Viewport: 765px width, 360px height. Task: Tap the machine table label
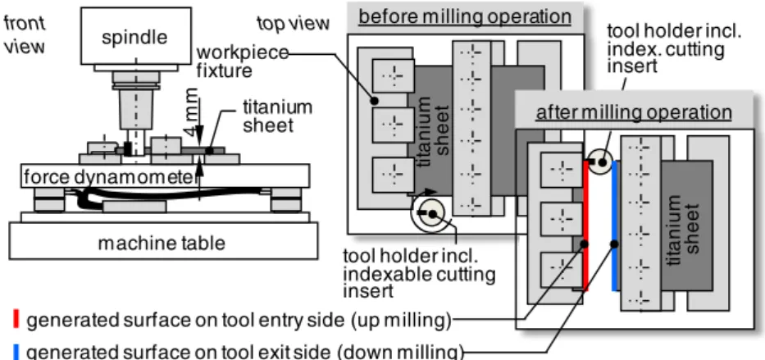click(x=162, y=243)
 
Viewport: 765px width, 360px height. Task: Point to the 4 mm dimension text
click(x=192, y=112)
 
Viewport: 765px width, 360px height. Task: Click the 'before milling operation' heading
click(x=464, y=17)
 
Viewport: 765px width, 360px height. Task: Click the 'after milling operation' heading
click(x=634, y=112)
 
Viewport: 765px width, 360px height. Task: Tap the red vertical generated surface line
click(x=586, y=226)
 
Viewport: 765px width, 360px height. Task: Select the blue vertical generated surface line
click(x=615, y=226)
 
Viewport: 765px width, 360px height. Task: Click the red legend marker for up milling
click(x=16, y=320)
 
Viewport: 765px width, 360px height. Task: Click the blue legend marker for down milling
click(x=16, y=351)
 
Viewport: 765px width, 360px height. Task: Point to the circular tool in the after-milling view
click(x=599, y=162)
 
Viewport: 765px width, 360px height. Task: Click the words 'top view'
click(x=294, y=23)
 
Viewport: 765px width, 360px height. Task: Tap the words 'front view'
click(x=25, y=34)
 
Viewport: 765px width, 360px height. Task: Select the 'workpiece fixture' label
click(x=242, y=62)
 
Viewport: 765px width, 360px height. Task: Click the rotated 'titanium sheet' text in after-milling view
click(x=685, y=224)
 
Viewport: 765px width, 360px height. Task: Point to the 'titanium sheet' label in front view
click(x=277, y=116)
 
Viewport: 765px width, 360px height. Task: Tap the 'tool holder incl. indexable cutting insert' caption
click(x=419, y=274)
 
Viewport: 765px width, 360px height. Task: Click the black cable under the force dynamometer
click(x=166, y=195)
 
